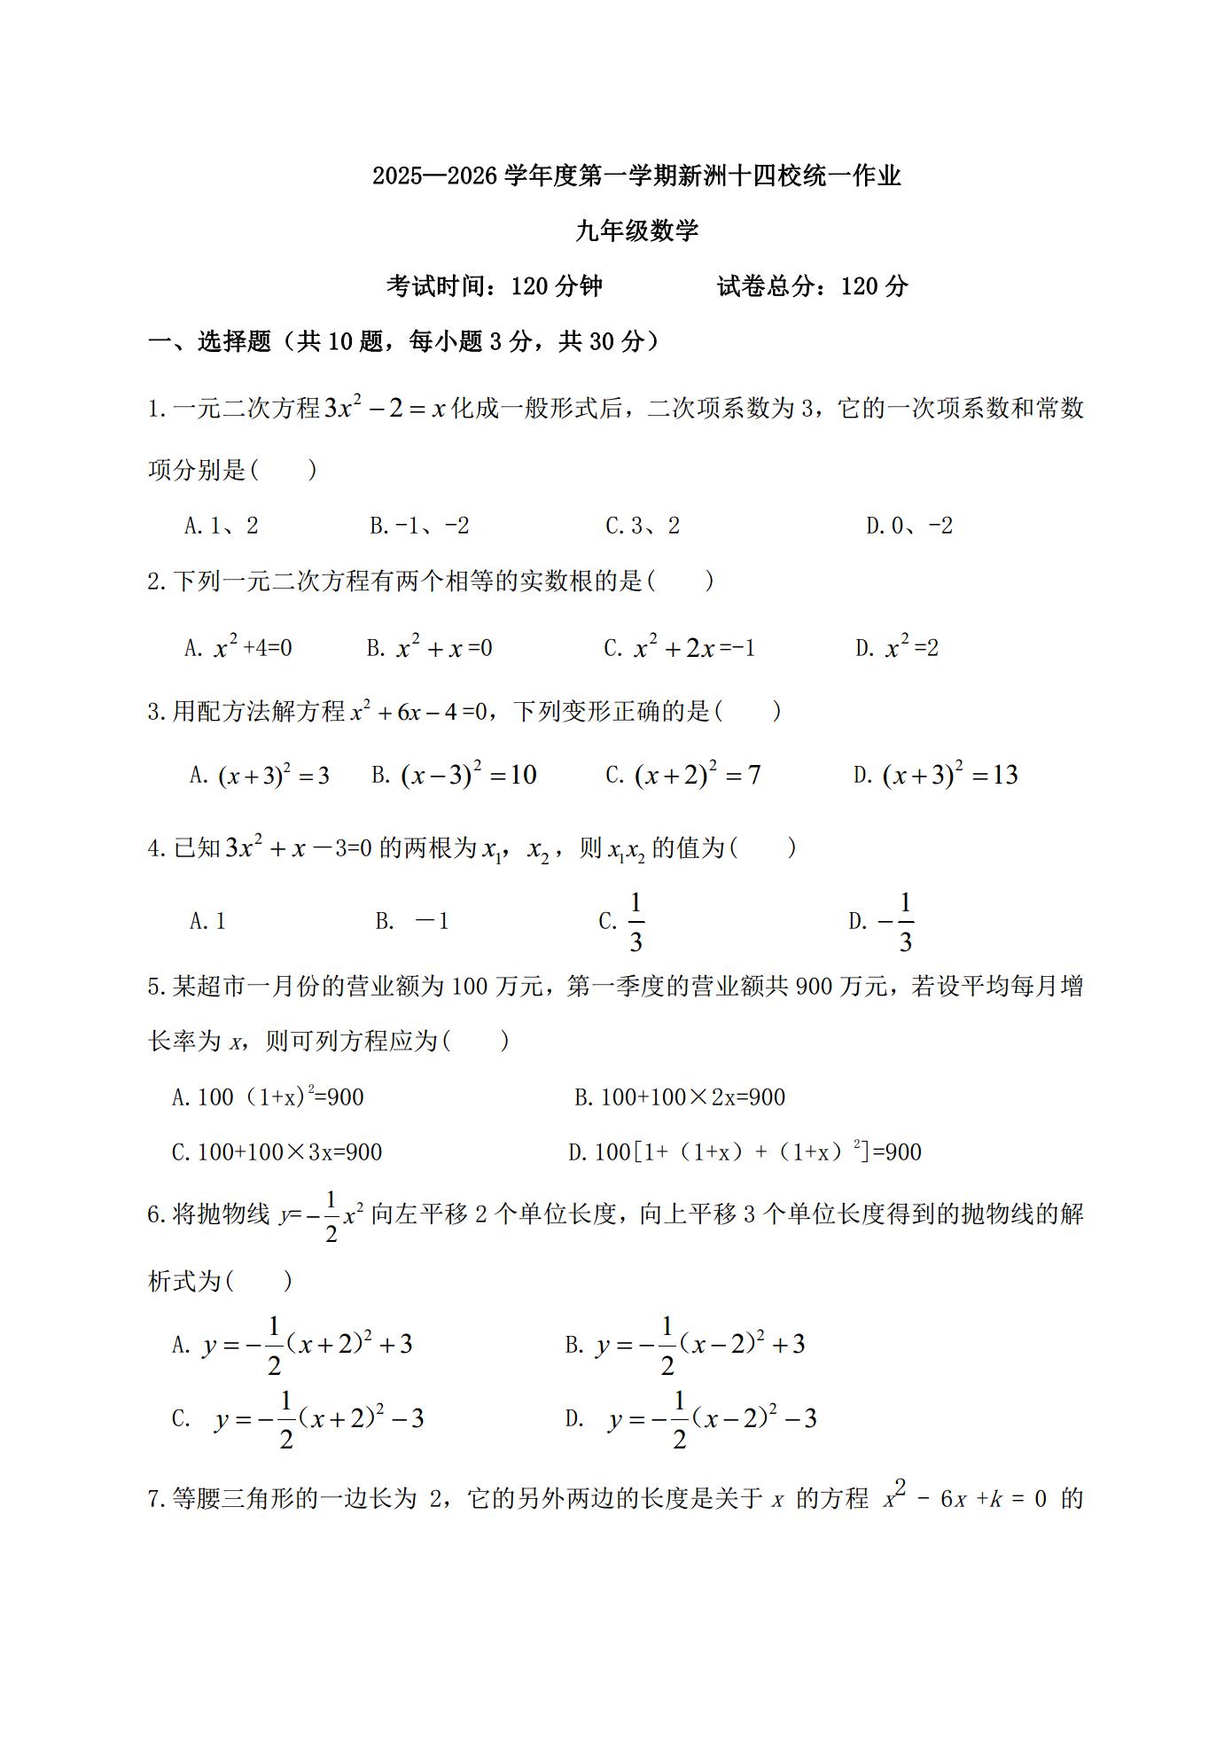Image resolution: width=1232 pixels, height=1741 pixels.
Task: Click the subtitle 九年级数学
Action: [636, 231]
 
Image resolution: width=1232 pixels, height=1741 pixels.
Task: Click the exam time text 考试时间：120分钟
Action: [495, 286]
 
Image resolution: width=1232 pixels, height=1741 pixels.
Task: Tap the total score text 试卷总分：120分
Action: [812, 286]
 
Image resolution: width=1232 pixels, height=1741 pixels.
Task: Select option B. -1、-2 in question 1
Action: [419, 527]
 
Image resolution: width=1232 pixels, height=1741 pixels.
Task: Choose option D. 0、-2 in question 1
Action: [909, 527]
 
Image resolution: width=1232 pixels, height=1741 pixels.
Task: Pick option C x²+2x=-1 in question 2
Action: [680, 648]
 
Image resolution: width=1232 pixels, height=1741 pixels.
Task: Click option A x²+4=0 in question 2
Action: [238, 648]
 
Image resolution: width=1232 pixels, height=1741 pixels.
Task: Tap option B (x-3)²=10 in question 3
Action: [454, 776]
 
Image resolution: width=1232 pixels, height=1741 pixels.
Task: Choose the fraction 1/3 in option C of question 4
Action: [635, 923]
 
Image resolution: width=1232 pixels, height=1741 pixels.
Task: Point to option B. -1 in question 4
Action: [413, 922]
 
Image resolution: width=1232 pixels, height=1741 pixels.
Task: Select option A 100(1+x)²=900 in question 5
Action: [268, 1097]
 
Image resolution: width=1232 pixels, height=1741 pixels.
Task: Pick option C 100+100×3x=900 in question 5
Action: [277, 1152]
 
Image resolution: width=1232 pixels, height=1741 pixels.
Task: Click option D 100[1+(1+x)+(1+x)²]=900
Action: [745, 1152]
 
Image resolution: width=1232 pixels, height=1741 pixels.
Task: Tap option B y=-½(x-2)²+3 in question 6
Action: [685, 1346]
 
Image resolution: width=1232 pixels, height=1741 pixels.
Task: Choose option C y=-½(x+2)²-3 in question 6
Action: [298, 1419]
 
